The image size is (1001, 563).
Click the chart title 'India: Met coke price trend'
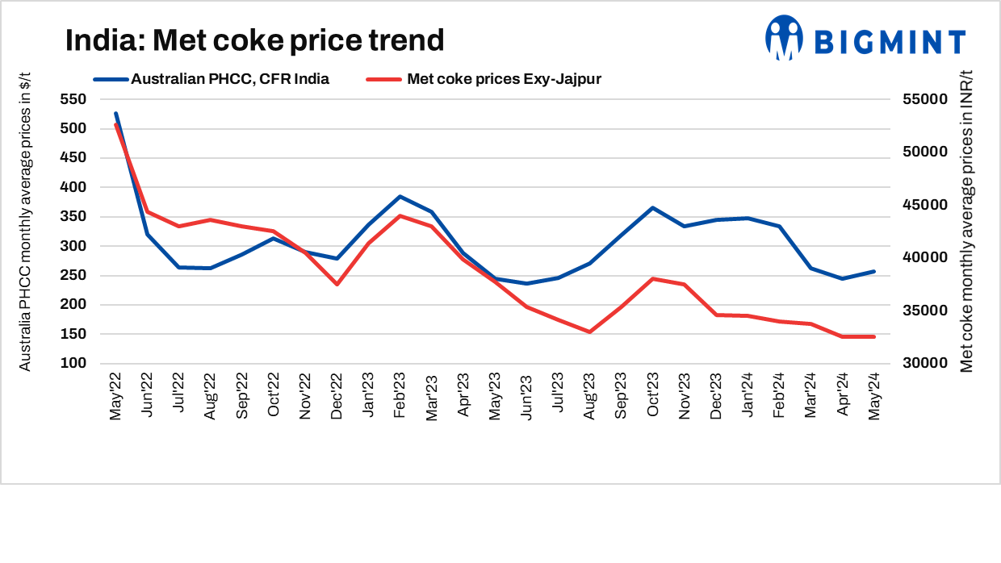254,40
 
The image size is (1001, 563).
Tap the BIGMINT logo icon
784,37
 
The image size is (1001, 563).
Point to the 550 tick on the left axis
73,99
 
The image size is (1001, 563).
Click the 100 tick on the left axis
73,363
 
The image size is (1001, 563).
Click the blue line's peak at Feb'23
400,196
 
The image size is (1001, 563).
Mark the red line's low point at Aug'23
589,332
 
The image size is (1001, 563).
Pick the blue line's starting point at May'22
115,114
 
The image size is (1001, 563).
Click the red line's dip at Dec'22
337,284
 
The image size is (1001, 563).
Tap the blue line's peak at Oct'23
652,207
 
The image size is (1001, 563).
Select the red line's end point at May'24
874,336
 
